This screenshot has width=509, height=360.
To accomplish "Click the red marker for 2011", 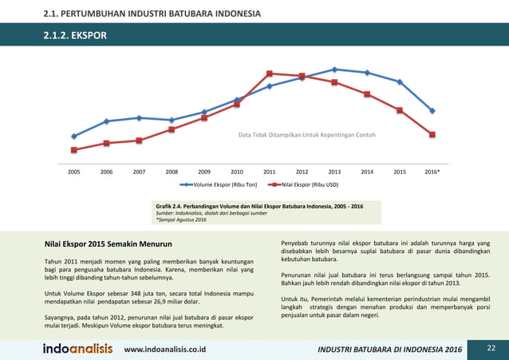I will click(270, 73).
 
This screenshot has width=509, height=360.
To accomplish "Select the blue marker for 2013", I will click(334, 69).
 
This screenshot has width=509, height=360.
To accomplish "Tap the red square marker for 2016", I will click(432, 134).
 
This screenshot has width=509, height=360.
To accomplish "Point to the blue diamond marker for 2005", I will click(74, 136).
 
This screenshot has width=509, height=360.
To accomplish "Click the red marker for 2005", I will click(74, 150).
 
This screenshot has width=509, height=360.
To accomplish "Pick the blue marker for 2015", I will click(400, 81).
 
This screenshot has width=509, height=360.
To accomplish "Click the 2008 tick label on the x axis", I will click(172, 172).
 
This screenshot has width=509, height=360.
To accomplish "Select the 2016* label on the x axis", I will click(432, 172).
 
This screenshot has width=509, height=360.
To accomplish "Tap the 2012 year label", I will click(302, 172).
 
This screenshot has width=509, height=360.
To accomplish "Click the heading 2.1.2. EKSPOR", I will click(75, 36).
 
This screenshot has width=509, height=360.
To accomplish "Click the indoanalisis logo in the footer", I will click(77, 349).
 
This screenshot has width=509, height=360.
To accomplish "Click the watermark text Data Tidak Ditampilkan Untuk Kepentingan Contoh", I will click(306, 135).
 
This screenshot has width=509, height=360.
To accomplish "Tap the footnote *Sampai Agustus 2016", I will click(181, 220).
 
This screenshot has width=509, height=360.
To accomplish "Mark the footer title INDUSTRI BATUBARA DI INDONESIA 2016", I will click(389, 350).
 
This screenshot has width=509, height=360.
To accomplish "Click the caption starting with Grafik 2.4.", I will click(258, 207).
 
